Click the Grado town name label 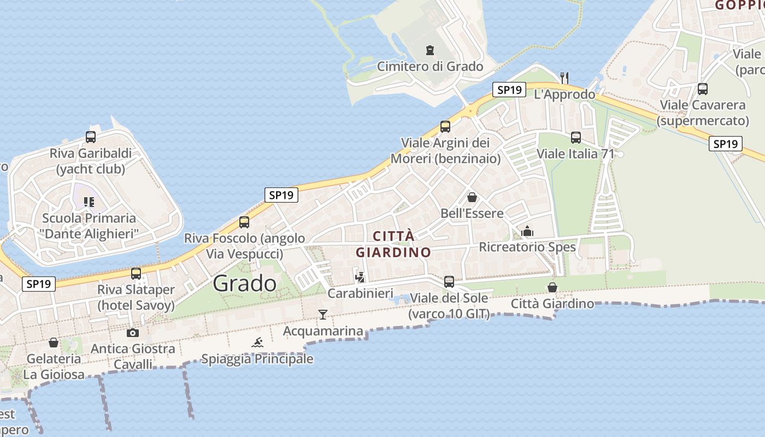(244, 283)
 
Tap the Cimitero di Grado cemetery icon (430, 50)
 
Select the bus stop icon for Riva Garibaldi (91, 137)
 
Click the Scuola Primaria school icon (89, 202)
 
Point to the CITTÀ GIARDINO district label (393, 244)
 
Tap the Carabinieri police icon (360, 277)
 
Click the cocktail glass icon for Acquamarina (323, 314)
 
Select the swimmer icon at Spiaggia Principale (257, 342)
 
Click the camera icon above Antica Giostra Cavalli (132, 333)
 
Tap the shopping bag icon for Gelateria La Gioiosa (54, 342)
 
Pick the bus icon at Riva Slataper (136, 273)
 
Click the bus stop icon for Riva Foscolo (244, 222)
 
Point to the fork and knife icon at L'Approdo (564, 78)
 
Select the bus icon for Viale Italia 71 (576, 137)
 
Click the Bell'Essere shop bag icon (472, 197)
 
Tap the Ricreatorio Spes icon (527, 231)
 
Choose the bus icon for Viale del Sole (449, 282)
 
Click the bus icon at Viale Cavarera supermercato (703, 88)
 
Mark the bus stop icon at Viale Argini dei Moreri (445, 127)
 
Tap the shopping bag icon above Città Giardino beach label (552, 287)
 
